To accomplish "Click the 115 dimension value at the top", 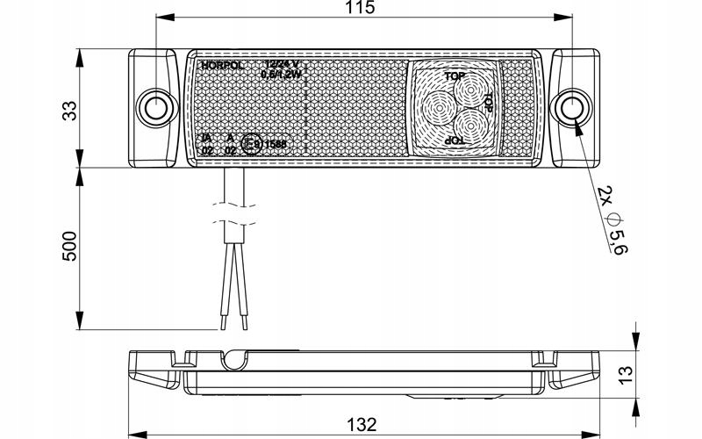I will coord(361,9).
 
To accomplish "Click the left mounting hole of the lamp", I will coord(156,109).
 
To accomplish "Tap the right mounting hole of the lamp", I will coord(572,109).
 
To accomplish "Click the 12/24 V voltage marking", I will coord(282,65).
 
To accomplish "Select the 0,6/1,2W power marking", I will coord(281,76).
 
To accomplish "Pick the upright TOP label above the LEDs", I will coord(455,77).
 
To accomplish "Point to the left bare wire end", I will coord(224,323).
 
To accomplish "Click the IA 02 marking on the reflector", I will coord(207,144).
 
